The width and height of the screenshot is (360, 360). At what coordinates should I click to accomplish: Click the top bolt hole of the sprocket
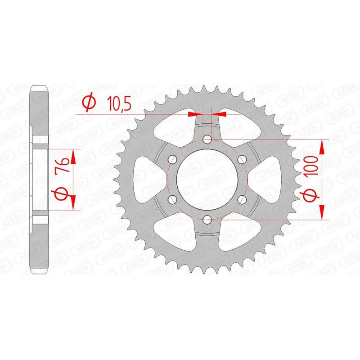pyautogui.click(x=207, y=140)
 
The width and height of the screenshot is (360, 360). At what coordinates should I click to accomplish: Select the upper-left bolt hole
pyautogui.click(x=172, y=160)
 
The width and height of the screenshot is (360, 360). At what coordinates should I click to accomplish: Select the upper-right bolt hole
pyautogui.click(x=242, y=160)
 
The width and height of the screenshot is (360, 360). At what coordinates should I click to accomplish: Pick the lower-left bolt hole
pyautogui.click(x=172, y=199)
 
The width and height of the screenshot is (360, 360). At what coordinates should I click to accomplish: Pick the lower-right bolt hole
pyautogui.click(x=242, y=199)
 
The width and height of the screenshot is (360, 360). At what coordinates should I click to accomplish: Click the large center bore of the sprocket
pyautogui.click(x=207, y=180)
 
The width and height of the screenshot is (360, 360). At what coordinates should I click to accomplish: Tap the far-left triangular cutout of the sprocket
pyautogui.click(x=147, y=180)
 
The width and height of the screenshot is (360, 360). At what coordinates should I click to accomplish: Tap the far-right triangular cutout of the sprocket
pyautogui.click(x=267, y=180)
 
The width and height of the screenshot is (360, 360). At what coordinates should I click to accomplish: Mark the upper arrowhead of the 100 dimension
pyautogui.click(x=322, y=145)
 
